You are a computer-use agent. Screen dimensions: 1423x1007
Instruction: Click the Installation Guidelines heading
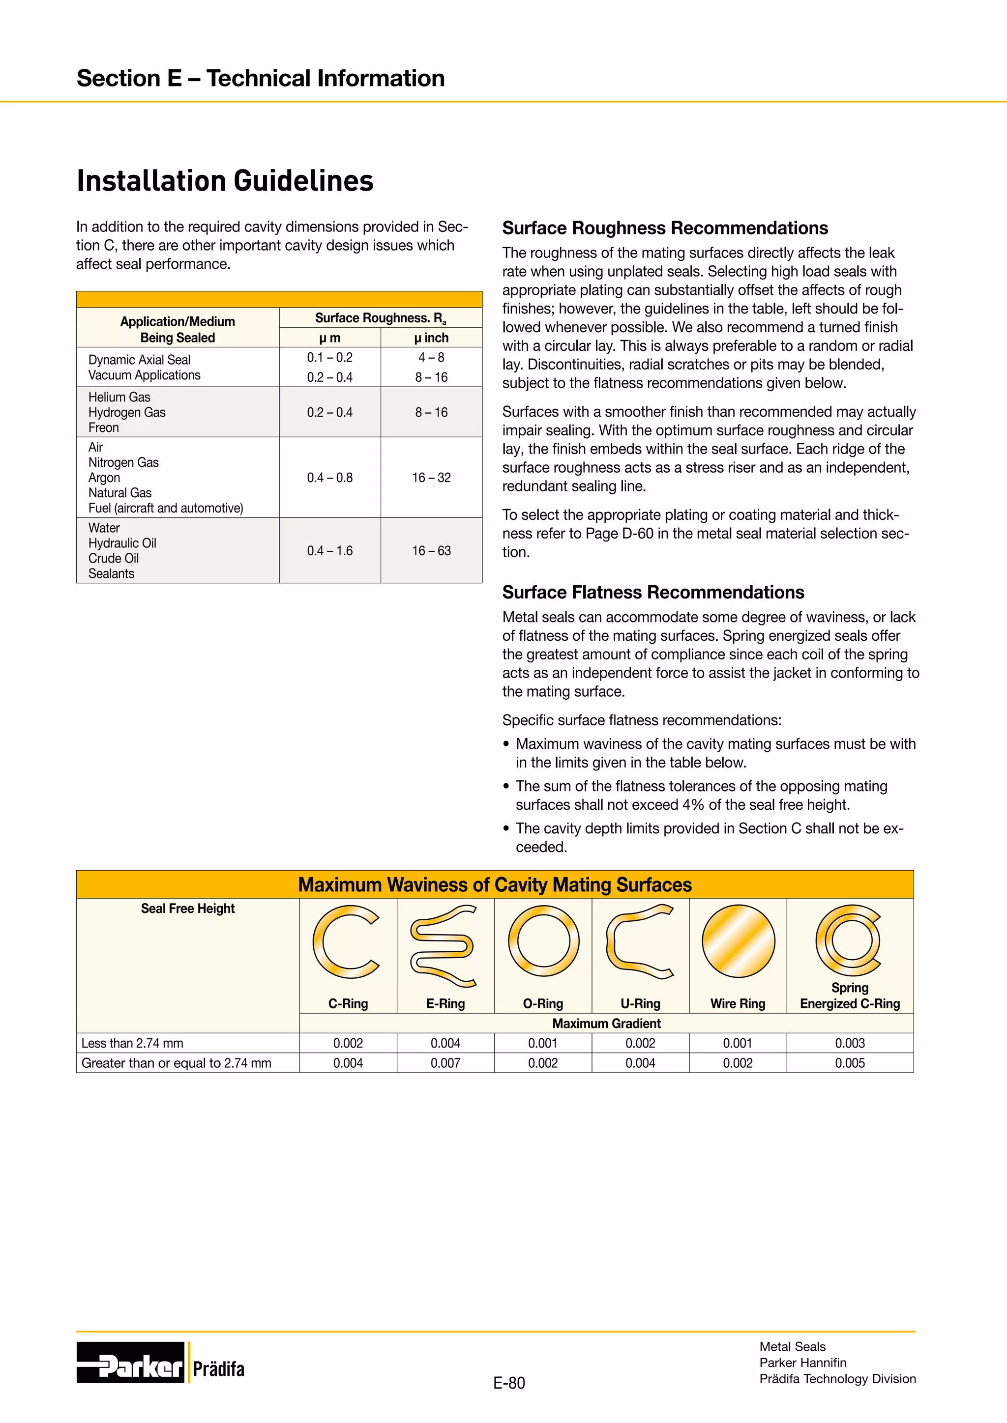tap(225, 181)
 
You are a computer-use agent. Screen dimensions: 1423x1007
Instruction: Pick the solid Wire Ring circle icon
tap(738, 941)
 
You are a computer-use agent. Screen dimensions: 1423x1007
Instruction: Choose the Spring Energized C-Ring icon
tap(849, 940)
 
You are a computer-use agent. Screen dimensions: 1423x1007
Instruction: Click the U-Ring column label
tap(640, 1003)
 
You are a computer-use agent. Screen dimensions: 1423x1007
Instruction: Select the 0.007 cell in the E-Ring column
tap(445, 1063)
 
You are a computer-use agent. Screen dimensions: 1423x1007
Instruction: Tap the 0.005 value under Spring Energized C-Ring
tap(850, 1063)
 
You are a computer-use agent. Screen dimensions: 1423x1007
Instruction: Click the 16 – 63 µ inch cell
tap(431, 550)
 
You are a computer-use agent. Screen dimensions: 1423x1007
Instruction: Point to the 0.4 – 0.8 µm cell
tap(329, 477)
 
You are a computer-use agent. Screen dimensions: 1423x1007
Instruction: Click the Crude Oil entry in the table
tap(114, 558)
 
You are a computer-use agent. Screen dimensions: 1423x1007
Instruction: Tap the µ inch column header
tap(431, 338)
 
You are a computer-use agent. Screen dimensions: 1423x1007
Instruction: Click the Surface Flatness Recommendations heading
tap(653, 593)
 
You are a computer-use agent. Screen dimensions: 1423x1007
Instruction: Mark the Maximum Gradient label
tap(606, 1023)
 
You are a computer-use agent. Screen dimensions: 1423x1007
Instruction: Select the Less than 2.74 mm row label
tap(132, 1043)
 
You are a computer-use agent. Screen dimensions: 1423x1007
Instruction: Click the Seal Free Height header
tap(187, 909)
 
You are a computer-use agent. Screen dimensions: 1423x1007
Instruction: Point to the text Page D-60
tap(619, 534)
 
